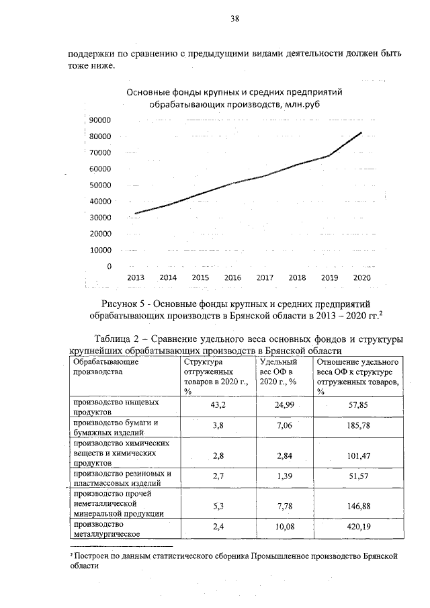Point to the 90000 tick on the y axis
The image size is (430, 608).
[x=99, y=120]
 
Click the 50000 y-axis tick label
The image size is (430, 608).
[x=99, y=185]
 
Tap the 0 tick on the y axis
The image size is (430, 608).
[x=108, y=267]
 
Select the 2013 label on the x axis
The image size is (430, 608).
[x=135, y=277]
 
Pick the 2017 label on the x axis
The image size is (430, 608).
[x=265, y=277]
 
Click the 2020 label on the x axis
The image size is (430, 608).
[x=362, y=277]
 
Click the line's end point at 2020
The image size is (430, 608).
[x=362, y=132]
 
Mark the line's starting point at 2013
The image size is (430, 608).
[x=135, y=214]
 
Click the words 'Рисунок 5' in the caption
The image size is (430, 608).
[x=124, y=304]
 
